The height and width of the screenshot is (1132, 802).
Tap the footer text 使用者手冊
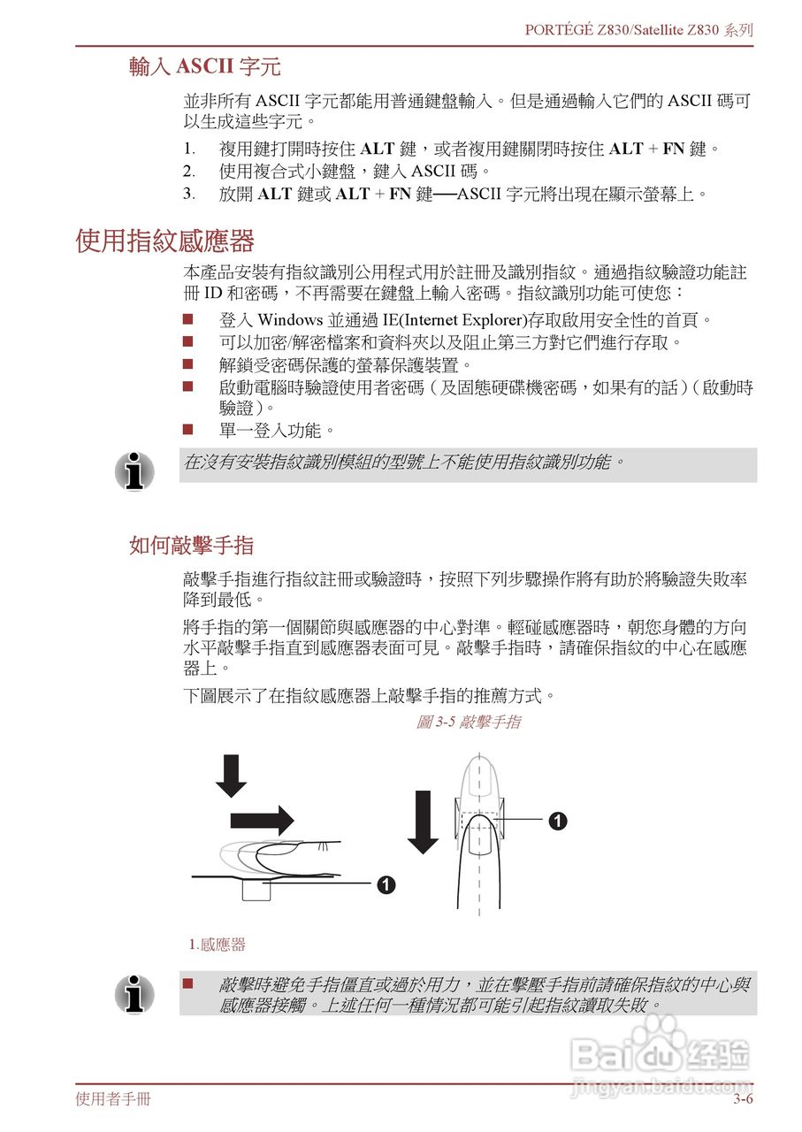click(113, 1099)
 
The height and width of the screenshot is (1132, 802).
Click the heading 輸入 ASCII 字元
click(205, 66)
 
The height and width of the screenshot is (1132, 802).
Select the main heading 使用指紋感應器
click(165, 241)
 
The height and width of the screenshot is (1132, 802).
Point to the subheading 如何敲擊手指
click(191, 545)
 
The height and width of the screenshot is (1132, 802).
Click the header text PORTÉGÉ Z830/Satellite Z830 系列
click(638, 29)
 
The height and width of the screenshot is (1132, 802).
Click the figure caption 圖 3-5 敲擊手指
click(468, 722)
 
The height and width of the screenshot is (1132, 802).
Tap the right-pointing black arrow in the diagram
click(262, 819)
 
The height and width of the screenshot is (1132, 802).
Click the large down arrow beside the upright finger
click(424, 822)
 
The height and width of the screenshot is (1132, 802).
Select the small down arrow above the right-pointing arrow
click(232, 776)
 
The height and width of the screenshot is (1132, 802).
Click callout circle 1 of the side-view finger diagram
click(386, 883)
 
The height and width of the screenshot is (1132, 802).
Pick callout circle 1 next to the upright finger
click(557, 821)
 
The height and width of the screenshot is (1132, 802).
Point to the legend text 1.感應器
click(218, 945)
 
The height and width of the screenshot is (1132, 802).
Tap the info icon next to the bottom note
click(134, 994)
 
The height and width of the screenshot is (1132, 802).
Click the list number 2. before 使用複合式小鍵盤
click(188, 170)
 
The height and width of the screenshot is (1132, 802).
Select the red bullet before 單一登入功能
click(187, 430)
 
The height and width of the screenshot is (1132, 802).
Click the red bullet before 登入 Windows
click(187, 318)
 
